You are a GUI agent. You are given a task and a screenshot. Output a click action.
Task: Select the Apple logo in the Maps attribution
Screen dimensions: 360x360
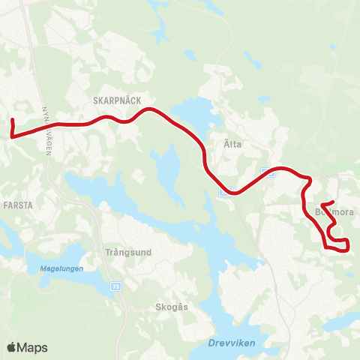point(11,347)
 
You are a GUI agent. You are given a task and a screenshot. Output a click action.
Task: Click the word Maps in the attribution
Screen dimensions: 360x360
point(32,347)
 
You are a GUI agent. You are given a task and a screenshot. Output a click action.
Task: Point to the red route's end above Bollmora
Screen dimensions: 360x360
point(321,204)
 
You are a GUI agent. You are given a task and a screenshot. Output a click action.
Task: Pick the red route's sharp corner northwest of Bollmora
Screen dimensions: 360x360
point(309,179)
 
